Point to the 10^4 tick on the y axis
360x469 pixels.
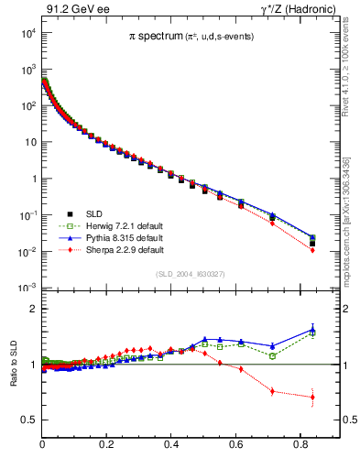coord(28,33)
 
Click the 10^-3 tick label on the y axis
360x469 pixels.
coord(27,288)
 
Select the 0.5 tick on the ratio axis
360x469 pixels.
coord(30,420)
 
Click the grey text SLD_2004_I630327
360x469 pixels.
coord(191,275)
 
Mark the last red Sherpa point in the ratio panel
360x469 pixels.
coord(312,397)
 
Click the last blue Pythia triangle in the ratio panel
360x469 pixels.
coord(312,329)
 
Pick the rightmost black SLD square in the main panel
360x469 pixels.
coord(312,244)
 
